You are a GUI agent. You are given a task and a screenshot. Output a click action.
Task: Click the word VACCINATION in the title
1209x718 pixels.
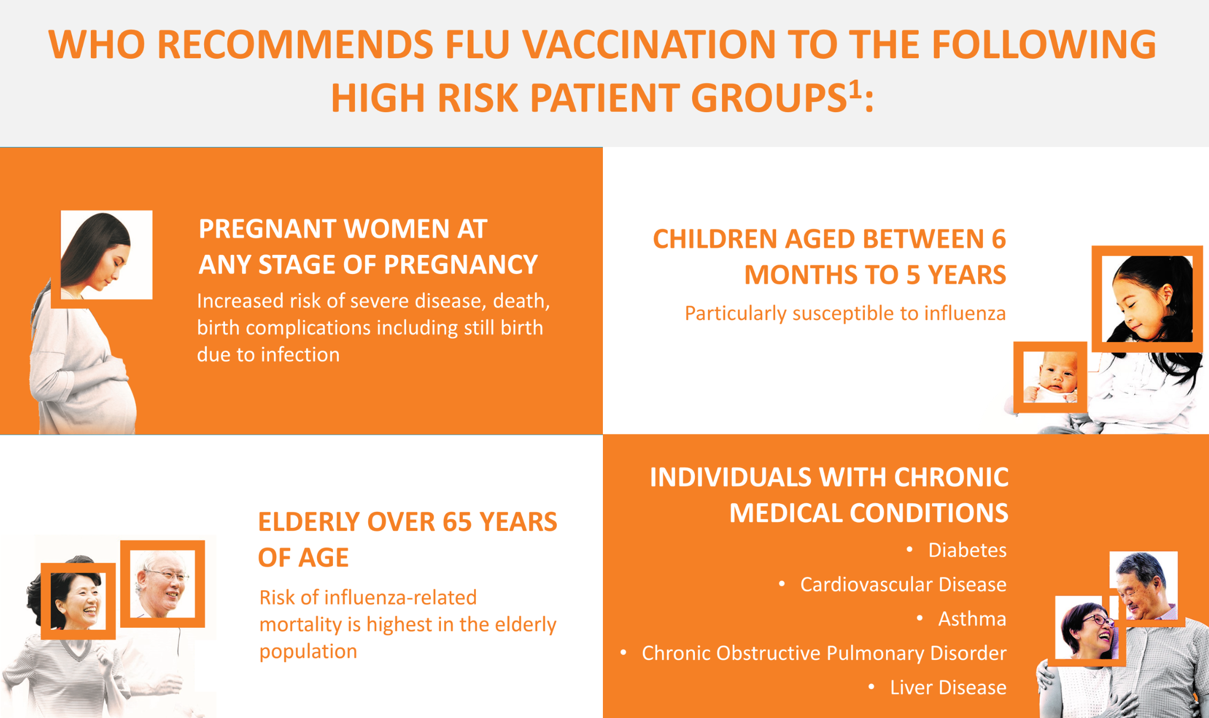tap(649, 44)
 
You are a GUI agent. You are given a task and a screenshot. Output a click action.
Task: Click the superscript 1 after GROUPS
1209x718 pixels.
tap(855, 89)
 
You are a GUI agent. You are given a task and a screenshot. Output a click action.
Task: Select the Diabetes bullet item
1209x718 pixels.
tap(967, 550)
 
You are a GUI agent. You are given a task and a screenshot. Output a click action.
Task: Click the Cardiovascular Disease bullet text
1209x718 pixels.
tap(903, 584)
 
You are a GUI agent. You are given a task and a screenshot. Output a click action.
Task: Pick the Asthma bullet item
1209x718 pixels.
tap(972, 619)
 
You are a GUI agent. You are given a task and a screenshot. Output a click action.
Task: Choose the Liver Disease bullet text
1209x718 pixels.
tap(948, 688)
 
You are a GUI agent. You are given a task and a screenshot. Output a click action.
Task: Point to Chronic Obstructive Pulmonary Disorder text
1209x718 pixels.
tap(824, 653)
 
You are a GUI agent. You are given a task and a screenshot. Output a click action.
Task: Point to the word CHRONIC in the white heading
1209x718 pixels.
tap(951, 478)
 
